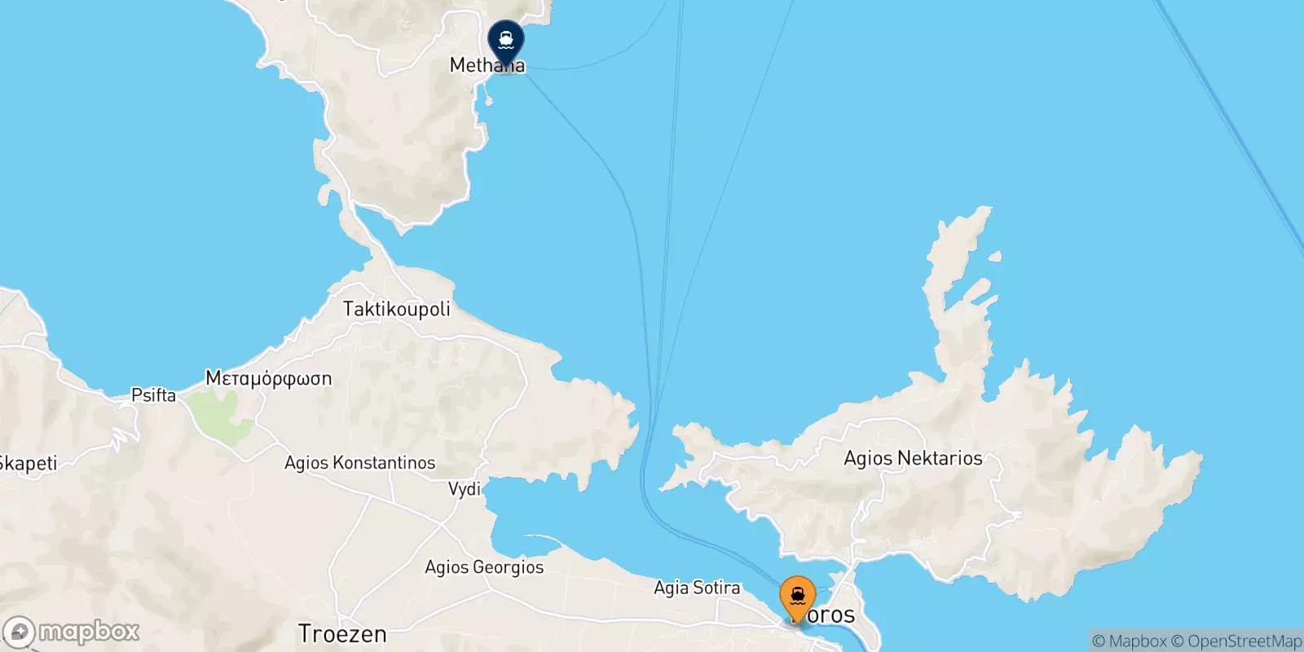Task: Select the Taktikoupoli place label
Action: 396,309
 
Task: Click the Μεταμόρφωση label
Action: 268,378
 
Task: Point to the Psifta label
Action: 153,395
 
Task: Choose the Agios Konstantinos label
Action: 359,463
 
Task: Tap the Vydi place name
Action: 465,489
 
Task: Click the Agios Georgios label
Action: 484,567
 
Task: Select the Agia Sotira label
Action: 697,588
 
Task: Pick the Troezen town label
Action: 342,633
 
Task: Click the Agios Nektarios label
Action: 913,458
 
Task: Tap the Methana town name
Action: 487,65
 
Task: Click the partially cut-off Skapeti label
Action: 29,464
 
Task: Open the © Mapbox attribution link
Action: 1130,641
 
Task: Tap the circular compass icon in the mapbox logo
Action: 19,632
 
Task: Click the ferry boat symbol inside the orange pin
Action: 797,595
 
